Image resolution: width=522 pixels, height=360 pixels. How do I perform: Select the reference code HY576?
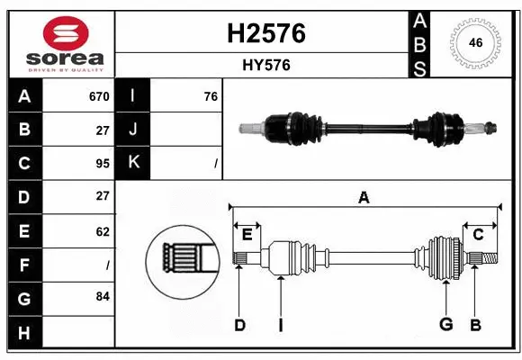pos(265,65)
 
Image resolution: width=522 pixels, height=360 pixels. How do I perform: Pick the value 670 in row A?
pos(98,96)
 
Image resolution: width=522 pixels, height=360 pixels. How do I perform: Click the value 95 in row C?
pos(102,163)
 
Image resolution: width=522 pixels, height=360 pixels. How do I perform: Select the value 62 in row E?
pos(102,230)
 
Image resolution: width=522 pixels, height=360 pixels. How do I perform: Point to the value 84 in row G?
pos(102,296)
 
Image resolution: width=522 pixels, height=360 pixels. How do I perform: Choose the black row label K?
pos(133,163)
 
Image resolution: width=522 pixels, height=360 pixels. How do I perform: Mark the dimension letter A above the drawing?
pos(364,197)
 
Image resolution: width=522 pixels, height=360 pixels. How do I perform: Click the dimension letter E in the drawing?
pos(247,234)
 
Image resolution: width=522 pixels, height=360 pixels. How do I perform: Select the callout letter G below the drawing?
pos(445,325)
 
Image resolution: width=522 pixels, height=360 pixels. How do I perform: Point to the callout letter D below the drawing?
pos(239,325)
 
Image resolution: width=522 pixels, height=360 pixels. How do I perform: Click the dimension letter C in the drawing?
pos(478,234)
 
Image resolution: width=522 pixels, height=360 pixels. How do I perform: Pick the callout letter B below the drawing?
pos(475,325)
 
